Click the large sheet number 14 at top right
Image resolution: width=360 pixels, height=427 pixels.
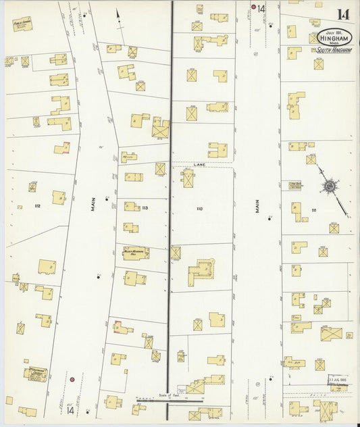pyautogui.click(x=342, y=14)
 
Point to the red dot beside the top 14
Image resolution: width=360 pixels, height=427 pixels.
pyautogui.click(x=254, y=7)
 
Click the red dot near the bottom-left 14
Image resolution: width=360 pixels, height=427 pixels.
pyautogui.click(x=72, y=380)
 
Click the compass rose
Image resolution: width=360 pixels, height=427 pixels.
pyautogui.click(x=330, y=186)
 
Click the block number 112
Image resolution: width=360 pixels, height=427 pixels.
pyautogui.click(x=38, y=205)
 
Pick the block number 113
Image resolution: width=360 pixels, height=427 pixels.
pyautogui.click(x=145, y=208)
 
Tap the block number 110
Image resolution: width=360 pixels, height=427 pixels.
pyautogui.click(x=199, y=209)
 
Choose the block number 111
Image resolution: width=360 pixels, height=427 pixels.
pyautogui.click(x=313, y=211)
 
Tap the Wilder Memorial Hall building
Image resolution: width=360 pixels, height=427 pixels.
pyautogui.click(x=136, y=253)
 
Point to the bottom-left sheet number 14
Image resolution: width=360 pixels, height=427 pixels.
pyautogui.click(x=70, y=410)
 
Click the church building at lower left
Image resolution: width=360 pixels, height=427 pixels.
pyautogui.click(x=35, y=372)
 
